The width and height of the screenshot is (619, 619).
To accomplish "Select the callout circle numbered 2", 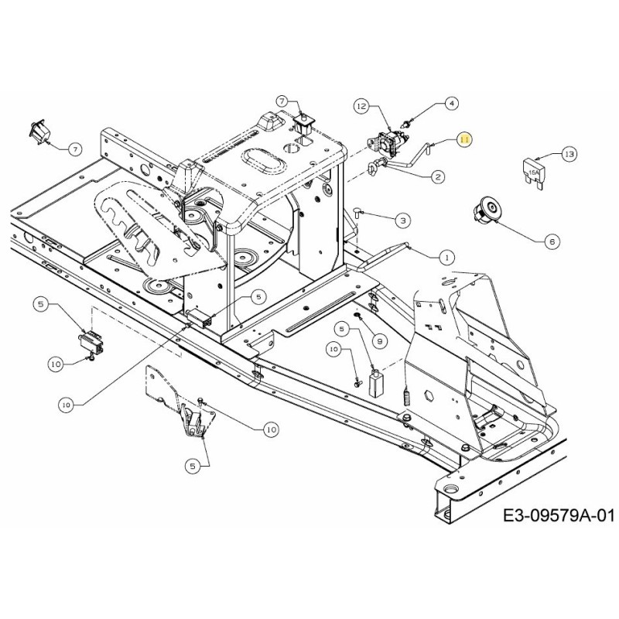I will tap(437, 177).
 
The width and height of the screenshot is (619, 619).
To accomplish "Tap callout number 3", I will tap(402, 221).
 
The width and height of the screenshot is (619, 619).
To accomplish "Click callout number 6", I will tap(552, 241).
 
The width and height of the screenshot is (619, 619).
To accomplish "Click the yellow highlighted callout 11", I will tap(464, 139).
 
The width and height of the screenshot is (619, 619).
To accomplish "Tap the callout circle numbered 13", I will tap(569, 154).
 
